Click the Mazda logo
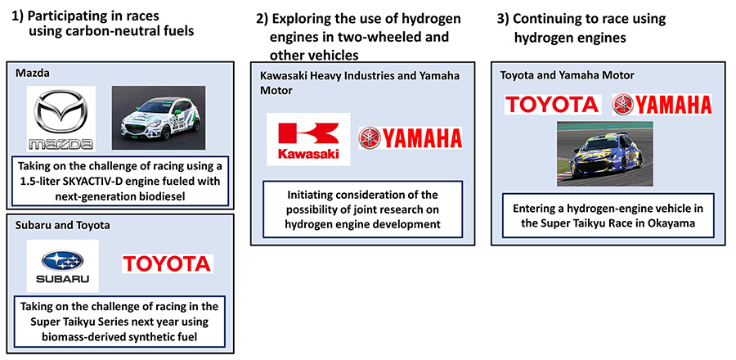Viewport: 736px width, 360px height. click(61, 119)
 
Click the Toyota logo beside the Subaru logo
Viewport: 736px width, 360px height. click(167, 263)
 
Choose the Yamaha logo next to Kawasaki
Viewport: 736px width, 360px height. click(411, 137)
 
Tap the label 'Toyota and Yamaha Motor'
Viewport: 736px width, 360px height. click(567, 75)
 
